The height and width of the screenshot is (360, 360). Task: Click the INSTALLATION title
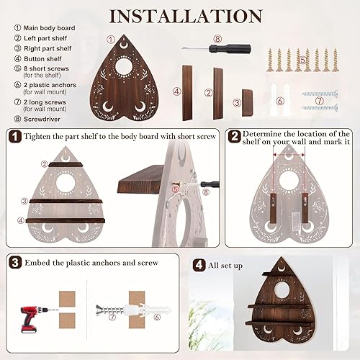click(x=180, y=15)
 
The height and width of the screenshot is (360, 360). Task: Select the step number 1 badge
click(x=14, y=135)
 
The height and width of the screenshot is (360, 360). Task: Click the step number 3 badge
click(x=14, y=263)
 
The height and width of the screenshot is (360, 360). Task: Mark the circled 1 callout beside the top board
click(x=111, y=40)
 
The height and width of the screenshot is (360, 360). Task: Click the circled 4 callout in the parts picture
click(x=176, y=91)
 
